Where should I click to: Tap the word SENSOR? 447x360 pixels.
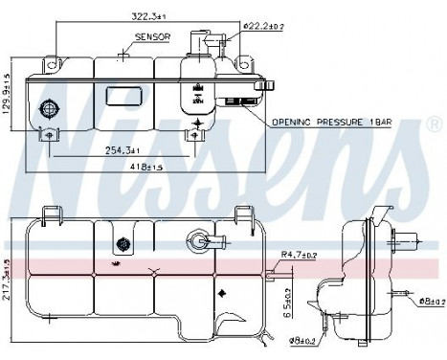point(154,36)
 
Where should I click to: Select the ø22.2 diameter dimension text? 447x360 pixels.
point(264,25)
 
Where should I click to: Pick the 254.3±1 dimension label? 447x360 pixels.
point(122,150)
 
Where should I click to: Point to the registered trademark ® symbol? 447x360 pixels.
point(433,124)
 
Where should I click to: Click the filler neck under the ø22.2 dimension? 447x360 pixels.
point(203,42)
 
